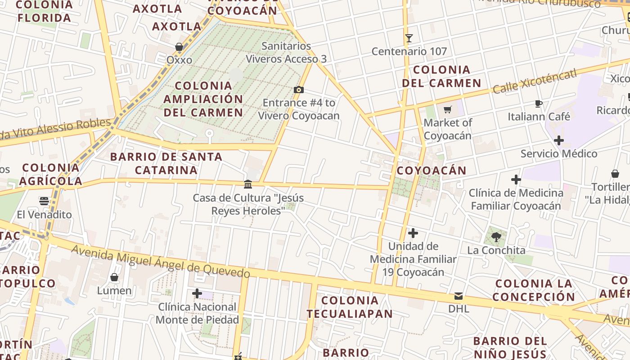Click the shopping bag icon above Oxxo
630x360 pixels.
coord(179,47)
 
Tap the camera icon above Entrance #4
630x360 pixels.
coord(298,90)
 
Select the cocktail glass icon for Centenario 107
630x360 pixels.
coord(409,38)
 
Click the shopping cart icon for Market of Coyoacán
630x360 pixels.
coord(447,109)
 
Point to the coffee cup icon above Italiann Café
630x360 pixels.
coord(538,104)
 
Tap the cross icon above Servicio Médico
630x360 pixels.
coord(558,140)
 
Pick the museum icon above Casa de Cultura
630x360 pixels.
coord(248,184)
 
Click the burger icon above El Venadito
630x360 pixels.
coord(44,201)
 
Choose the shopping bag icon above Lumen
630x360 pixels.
coord(114,277)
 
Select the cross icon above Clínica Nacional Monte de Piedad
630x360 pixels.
coord(197,294)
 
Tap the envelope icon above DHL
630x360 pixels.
coord(458,296)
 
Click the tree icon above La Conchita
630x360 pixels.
coord(496,237)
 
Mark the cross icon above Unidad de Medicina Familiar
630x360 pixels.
coord(413,233)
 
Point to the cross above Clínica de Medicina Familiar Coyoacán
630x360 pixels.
coord(516,180)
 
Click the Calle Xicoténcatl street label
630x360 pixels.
coord(535,81)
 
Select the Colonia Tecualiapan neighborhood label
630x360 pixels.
coord(350,307)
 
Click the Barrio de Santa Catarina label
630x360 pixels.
coord(166,163)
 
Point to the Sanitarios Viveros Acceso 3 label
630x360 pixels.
coord(286,52)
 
